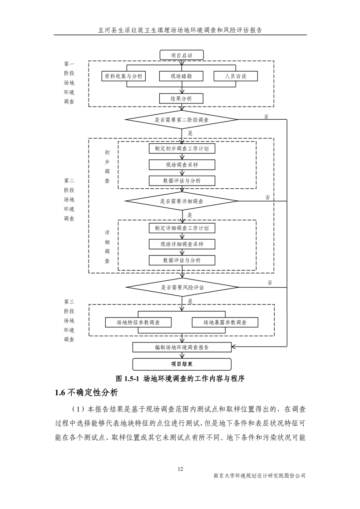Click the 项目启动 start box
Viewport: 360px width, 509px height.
pos(182,55)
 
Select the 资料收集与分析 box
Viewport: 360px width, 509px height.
pos(123,76)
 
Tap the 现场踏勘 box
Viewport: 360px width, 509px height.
pos(182,76)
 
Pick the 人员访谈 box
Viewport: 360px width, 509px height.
pos(236,76)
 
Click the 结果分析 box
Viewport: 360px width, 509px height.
pos(182,98)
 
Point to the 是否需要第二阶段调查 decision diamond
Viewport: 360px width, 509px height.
pos(182,120)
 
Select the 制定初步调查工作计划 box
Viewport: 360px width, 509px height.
pos(182,148)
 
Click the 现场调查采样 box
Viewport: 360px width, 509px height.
pos(182,165)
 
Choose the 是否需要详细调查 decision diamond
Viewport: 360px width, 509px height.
pos(182,201)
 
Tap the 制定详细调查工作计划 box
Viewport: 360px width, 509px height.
pos(182,228)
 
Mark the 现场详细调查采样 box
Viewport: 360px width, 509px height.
pos(182,244)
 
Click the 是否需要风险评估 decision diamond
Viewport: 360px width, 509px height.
pos(182,287)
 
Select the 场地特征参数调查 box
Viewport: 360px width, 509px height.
pos(138,322)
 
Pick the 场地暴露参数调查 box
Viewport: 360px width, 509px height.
pos(225,322)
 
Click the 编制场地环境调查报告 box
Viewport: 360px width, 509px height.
pos(182,347)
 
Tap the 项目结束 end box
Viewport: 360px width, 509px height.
pos(182,364)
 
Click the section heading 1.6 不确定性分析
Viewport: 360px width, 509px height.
pos(86,393)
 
